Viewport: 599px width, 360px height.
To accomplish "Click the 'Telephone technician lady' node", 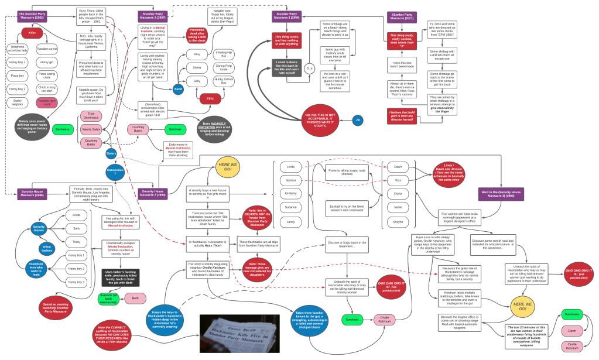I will [x=18, y=49].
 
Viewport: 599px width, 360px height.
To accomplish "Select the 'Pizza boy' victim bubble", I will [x=18, y=76].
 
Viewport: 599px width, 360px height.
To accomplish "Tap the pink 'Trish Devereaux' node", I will [x=91, y=116].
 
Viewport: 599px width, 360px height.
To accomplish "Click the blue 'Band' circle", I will [x=178, y=90].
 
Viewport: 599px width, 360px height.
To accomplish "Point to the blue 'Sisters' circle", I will [x=111, y=153].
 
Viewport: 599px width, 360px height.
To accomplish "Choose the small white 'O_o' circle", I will [x=309, y=68].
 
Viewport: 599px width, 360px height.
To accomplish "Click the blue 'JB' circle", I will [x=358, y=121].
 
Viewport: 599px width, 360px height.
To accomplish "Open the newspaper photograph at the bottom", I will [x=239, y=334].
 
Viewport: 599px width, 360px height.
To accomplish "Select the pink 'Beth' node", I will [x=135, y=298].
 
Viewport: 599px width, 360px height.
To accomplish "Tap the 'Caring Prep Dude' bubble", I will [x=224, y=67].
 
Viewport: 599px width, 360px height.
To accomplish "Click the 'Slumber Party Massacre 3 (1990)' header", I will [x=286, y=15].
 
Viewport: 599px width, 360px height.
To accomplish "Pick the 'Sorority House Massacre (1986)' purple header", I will [x=32, y=193].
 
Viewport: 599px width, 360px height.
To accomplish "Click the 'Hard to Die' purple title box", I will [x=501, y=194].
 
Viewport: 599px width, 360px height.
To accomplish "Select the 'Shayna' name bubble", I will [x=398, y=222].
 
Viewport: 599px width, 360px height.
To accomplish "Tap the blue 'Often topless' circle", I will [x=47, y=249].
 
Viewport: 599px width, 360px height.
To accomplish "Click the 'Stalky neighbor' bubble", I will [x=18, y=102].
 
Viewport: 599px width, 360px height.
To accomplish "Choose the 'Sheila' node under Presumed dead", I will [x=197, y=67].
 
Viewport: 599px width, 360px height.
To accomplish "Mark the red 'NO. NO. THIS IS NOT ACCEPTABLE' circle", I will [x=320, y=120].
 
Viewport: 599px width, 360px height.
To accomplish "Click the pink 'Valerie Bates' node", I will [x=91, y=129].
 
